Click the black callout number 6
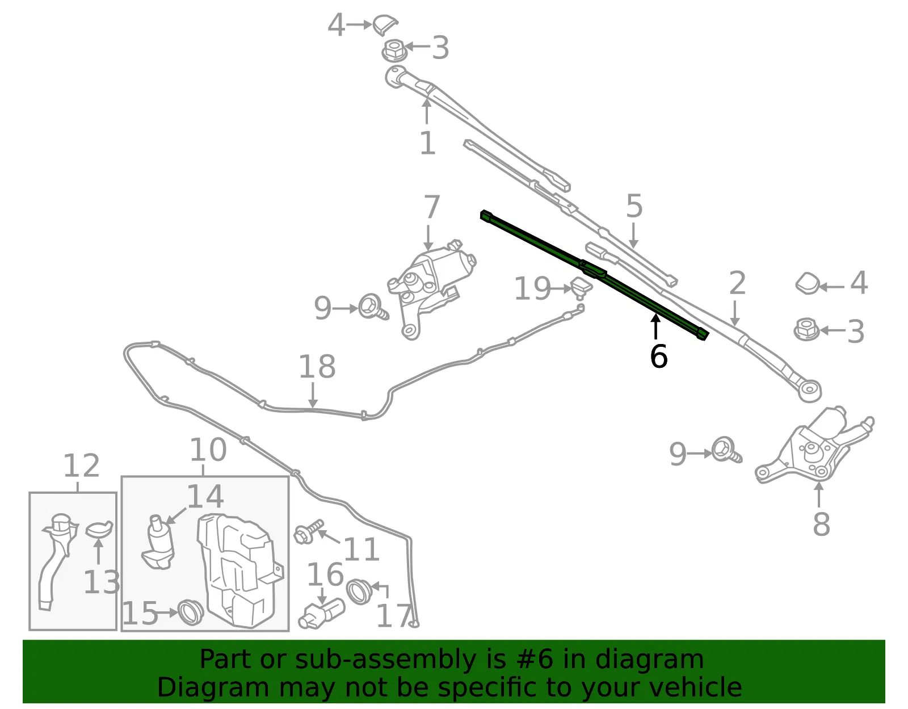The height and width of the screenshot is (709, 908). (x=658, y=357)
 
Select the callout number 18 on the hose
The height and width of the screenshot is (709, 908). (x=317, y=367)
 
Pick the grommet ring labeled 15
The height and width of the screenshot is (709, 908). (x=190, y=612)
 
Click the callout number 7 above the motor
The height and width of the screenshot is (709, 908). (x=432, y=207)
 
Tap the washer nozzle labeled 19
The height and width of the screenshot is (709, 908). (x=581, y=288)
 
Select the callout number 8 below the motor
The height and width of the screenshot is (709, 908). (x=821, y=524)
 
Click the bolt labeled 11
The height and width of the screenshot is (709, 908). (x=308, y=531)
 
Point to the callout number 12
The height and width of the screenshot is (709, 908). (x=81, y=466)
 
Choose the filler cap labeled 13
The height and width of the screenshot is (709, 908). (x=99, y=528)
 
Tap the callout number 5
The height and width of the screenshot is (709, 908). (x=634, y=206)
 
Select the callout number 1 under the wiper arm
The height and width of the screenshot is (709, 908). (x=427, y=143)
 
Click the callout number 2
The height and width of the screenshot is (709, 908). (x=737, y=283)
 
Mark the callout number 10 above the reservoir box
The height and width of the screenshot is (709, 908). (x=208, y=450)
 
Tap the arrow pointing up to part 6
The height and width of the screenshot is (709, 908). (x=655, y=327)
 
